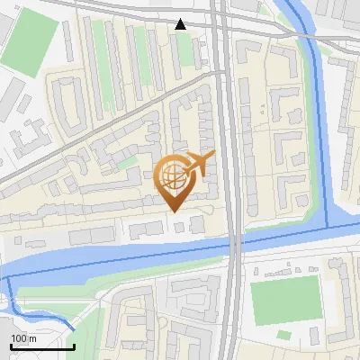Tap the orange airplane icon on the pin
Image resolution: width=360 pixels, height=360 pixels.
tap(199, 164)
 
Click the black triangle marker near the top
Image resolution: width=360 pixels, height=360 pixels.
tap(181, 24)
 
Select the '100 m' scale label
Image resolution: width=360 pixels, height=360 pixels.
tap(24, 337)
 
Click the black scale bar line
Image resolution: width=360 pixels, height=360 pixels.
tap(42, 346)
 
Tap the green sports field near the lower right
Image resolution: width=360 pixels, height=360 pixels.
tap(285, 301)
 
